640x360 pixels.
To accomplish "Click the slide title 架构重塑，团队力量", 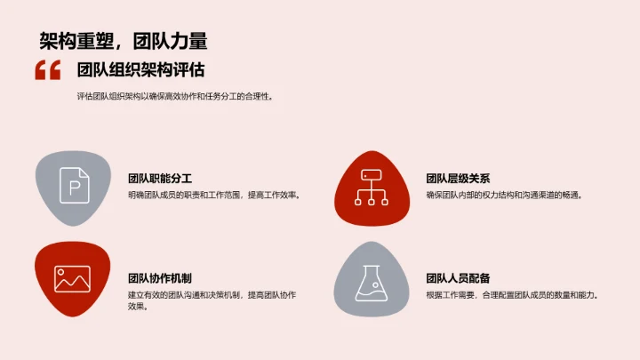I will pos(124,40).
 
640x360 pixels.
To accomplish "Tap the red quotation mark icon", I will pos(47,70).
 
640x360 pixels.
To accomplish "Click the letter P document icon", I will pos(74,188).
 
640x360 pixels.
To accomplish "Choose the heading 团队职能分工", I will pos(160,177).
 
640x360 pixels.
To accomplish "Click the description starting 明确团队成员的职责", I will pos(213,195).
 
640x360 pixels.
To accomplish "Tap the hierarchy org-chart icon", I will pos(370,188).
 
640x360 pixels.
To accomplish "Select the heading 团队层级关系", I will pos(458,177).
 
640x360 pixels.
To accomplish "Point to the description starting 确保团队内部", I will pos(504,195).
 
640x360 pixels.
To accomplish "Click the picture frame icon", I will pos(72,278).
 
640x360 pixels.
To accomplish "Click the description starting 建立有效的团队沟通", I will pos(212,295).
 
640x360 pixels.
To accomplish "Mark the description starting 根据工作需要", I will pos(512,295).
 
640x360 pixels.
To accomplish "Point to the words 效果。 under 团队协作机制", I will pos(138,308).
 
